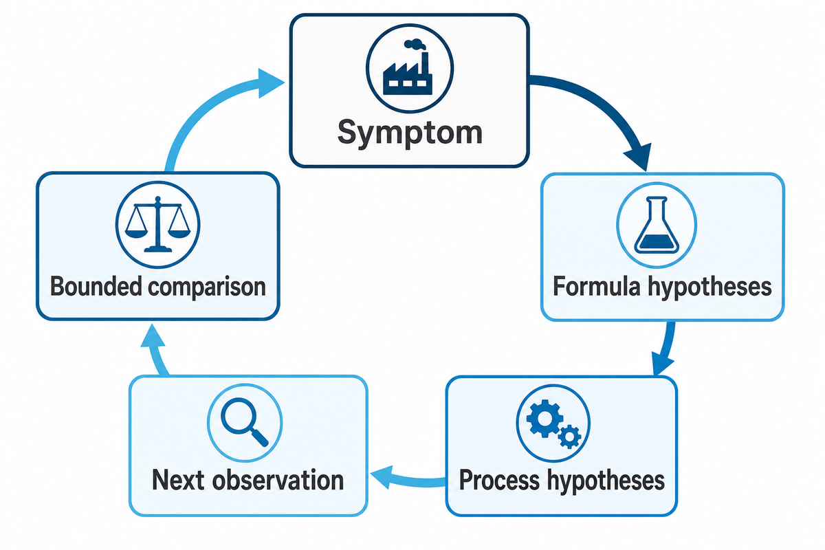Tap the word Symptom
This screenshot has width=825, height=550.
click(410, 133)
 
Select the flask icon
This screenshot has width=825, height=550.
click(657, 225)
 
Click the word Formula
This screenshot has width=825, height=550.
click(597, 286)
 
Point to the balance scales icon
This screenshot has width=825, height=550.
click(157, 224)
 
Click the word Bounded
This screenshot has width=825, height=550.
click(96, 286)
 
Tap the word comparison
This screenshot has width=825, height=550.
click(207, 287)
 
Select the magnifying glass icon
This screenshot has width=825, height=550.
click(244, 422)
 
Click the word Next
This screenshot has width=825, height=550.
click(178, 480)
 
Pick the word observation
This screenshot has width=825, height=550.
click(278, 480)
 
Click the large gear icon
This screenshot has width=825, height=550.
click(544, 418)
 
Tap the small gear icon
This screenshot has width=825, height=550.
click(569, 437)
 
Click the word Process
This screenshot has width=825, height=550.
click(499, 480)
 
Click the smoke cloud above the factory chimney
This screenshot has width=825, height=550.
click(415, 44)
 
